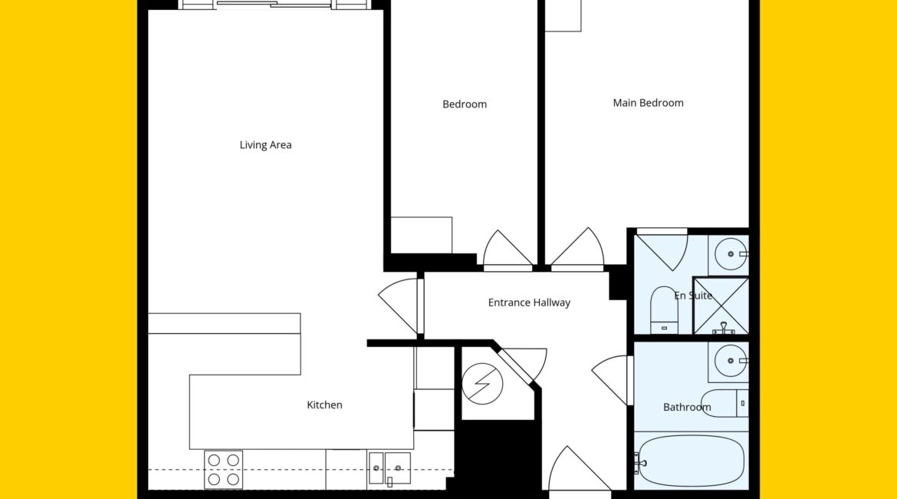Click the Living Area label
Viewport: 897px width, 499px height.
coord(265,145)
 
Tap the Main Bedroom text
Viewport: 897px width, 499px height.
coord(648,103)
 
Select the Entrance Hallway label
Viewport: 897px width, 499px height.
coord(529,302)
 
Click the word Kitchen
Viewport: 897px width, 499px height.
coord(324,405)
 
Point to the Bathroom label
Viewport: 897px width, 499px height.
coord(687,408)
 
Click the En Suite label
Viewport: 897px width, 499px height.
coord(693,296)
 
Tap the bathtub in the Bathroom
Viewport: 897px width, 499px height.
coord(691,461)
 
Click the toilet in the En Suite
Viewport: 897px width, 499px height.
coord(664,310)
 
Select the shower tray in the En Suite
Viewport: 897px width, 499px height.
coord(721,306)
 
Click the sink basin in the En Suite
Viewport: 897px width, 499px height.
coord(731,254)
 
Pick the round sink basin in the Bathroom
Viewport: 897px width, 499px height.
coord(731,361)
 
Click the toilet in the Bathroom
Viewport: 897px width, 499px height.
coord(724,403)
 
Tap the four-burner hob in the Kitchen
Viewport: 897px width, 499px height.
coord(224,470)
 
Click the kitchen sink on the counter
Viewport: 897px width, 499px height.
coord(389,468)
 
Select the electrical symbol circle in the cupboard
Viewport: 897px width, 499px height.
coord(482,384)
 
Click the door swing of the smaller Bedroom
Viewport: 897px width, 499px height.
coord(508,250)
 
